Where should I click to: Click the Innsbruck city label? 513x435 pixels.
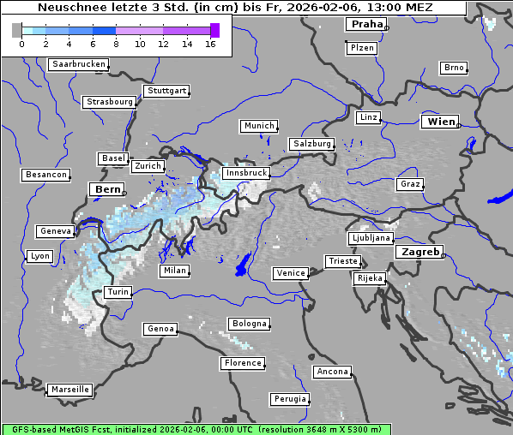coord(245,173)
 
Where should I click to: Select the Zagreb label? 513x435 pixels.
coord(419,252)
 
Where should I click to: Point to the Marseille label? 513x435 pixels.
coord(69,389)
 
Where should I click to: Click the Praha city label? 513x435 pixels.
coord(365,24)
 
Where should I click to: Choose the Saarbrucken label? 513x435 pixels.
coord(78,64)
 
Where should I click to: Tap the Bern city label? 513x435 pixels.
coord(107,189)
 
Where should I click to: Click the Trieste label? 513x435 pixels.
coord(341,261)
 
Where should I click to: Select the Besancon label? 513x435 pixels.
coord(45,175)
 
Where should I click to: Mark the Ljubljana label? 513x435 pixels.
coord(371,238)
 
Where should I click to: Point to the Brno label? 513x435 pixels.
coord(453,68)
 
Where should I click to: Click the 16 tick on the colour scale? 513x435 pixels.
coord(210,44)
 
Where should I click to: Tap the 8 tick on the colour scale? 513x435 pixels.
coord(116,44)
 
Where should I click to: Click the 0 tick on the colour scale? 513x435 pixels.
coord(21,44)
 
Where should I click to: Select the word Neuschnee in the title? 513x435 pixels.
coord(68,8)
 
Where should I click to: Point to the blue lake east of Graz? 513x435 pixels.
coord(499,199)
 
